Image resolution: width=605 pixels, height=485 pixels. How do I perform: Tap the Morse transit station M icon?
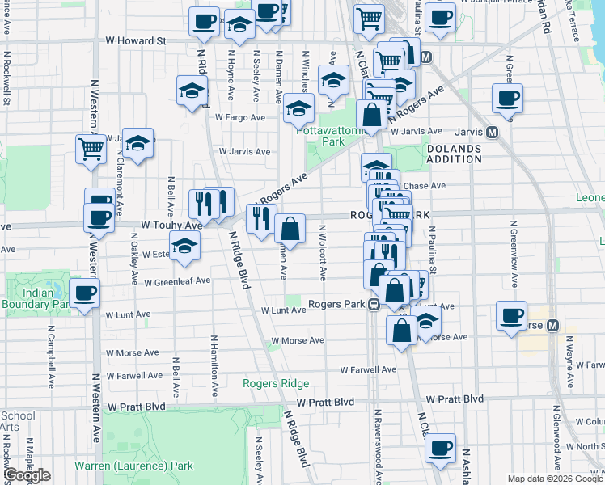point(553,326)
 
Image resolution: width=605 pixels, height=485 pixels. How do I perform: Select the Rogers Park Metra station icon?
point(374,305)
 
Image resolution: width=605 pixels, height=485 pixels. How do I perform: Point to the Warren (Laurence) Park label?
point(133,466)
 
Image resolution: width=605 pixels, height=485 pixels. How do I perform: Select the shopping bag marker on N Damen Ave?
point(290,230)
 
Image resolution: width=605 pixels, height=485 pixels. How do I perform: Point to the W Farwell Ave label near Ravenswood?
point(368,369)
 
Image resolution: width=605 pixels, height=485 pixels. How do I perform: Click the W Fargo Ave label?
point(240,117)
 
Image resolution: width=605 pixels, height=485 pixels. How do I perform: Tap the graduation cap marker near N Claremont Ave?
point(138,142)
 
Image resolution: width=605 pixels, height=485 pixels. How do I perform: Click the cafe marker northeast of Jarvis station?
point(507,99)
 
